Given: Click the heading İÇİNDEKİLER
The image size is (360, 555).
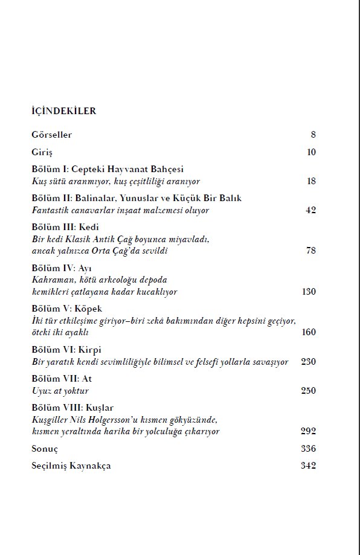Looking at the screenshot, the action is tap(64, 111).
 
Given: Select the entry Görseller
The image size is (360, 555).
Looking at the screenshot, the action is tap(51, 135).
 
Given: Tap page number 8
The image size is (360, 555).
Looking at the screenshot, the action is tap(313, 135).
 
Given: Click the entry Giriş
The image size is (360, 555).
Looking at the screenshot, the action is tap(42, 152).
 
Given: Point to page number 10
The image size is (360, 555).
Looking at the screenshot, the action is tap(311, 152).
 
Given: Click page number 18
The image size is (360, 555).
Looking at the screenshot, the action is tap(311, 181).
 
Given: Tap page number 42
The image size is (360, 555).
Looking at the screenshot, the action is tap(311, 210).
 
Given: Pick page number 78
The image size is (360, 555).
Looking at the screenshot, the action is tap(311, 251).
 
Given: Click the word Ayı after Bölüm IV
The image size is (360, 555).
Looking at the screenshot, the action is tap(87, 268).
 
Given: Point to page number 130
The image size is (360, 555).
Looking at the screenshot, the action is tap(309, 292).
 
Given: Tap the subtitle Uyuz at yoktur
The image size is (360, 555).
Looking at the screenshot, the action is tap(60, 391).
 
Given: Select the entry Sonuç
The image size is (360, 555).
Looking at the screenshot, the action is tap(44, 449).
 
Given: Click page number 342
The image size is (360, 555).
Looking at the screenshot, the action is tap(308, 466).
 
